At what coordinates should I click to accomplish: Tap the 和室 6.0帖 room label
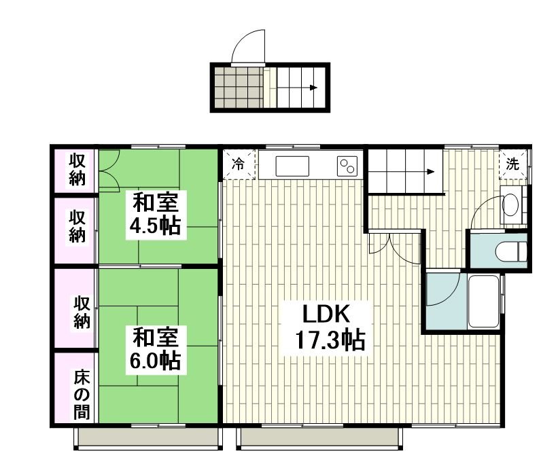pyautogui.click(x=155, y=350)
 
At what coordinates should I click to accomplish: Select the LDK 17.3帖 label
pyautogui.click(x=327, y=327)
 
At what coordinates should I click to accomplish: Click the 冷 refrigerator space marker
pyautogui.click(x=239, y=164)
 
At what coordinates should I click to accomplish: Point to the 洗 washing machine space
pyautogui.click(x=513, y=164)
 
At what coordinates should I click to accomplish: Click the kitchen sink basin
pyautogui.click(x=292, y=166)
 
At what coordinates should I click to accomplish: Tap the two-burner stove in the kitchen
pyautogui.click(x=347, y=166)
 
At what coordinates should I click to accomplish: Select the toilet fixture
pyautogui.click(x=511, y=251)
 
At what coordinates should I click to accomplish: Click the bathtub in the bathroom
pyautogui.click(x=483, y=301)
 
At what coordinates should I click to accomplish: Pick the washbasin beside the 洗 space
pyautogui.click(x=510, y=204)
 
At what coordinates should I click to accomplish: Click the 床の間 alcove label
pyautogui.click(x=82, y=395)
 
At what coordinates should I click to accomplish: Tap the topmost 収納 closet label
pyautogui.click(x=77, y=170)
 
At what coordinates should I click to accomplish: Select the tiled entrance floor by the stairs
pyautogui.click(x=239, y=87)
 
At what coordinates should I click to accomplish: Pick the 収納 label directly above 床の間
pyautogui.click(x=82, y=312)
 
